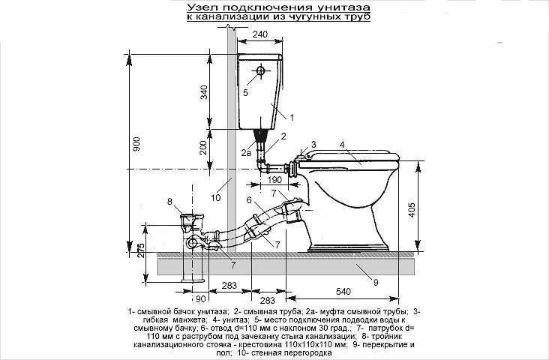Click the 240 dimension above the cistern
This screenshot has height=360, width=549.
259,34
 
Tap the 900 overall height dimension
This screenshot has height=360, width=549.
136,143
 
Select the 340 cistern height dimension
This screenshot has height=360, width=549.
204,92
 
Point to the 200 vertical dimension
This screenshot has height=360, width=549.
204,148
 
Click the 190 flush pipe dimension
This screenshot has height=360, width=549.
274,180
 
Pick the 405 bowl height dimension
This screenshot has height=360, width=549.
412,209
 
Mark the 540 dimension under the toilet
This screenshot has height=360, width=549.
343,291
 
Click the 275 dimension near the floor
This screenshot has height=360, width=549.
139,250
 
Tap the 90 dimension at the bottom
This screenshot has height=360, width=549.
200,299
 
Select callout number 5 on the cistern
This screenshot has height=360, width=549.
245,93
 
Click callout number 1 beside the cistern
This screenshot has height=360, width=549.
292,118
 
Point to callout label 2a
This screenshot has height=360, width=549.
246,153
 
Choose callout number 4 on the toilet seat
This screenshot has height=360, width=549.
342,144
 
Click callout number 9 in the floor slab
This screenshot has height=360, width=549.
376,282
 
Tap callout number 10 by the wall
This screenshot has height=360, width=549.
216,197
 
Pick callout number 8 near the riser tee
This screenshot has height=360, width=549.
169,202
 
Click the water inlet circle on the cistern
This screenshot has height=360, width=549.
260,70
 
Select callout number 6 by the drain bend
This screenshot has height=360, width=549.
249,200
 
